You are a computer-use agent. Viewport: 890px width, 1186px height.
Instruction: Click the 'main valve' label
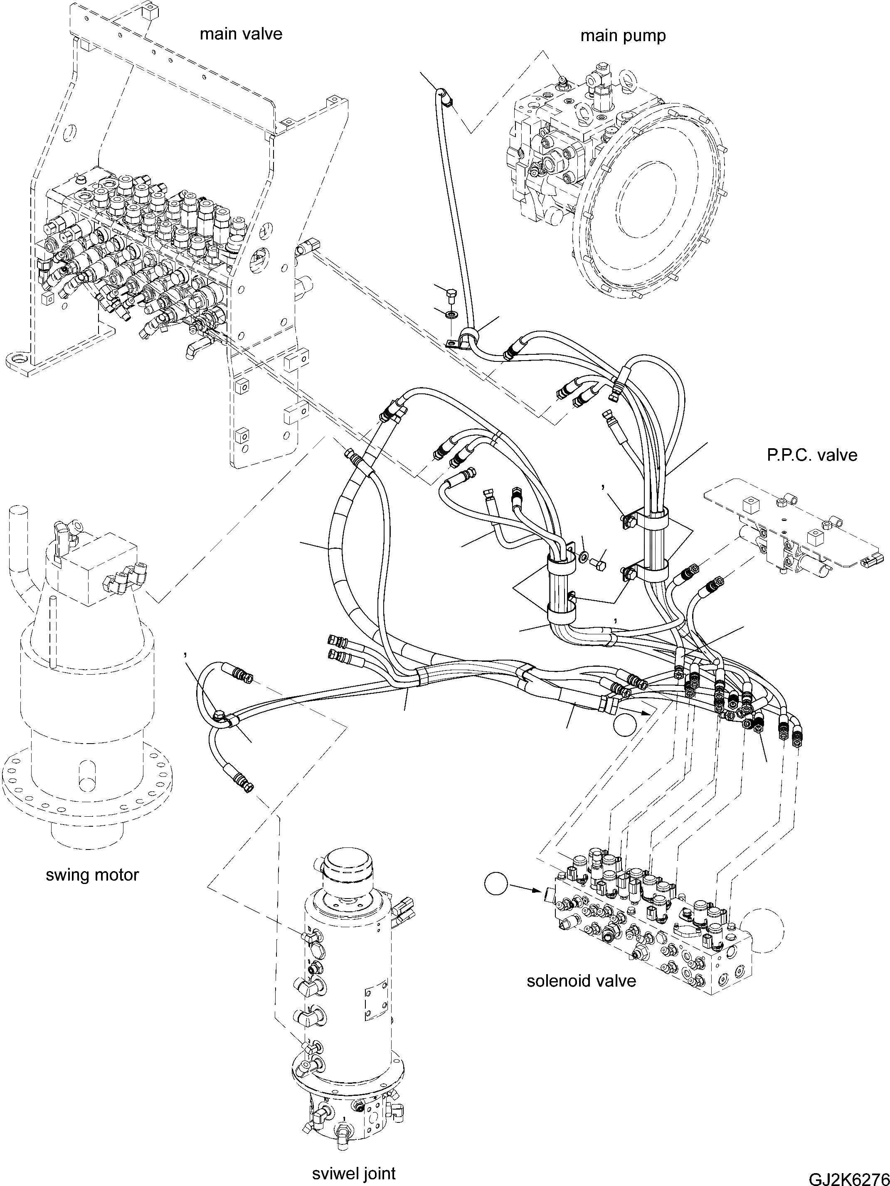[241, 34]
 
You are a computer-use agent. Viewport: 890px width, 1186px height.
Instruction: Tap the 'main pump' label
[622, 36]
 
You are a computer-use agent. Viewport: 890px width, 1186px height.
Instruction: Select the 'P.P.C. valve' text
[812, 455]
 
